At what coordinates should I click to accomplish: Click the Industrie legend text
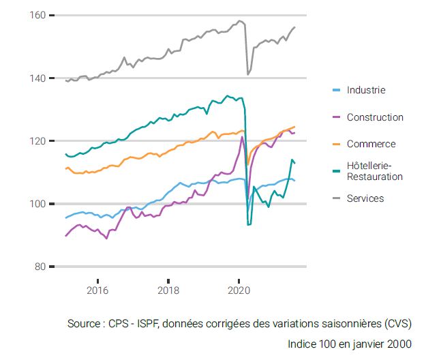point(365,90)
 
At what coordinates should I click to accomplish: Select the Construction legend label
point(375,117)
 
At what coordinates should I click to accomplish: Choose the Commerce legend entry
point(371,144)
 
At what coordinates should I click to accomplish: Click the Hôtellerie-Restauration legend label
point(374,171)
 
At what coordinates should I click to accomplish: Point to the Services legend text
point(365,198)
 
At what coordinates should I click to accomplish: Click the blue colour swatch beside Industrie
point(335,90)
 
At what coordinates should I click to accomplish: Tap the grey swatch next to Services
point(335,198)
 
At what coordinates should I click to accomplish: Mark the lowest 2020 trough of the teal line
point(248,224)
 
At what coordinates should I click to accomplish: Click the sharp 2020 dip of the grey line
point(247,74)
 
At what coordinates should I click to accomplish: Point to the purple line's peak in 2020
point(242,137)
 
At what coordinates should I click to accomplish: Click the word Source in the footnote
point(84,323)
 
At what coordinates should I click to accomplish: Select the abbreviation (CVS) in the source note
point(397,323)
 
